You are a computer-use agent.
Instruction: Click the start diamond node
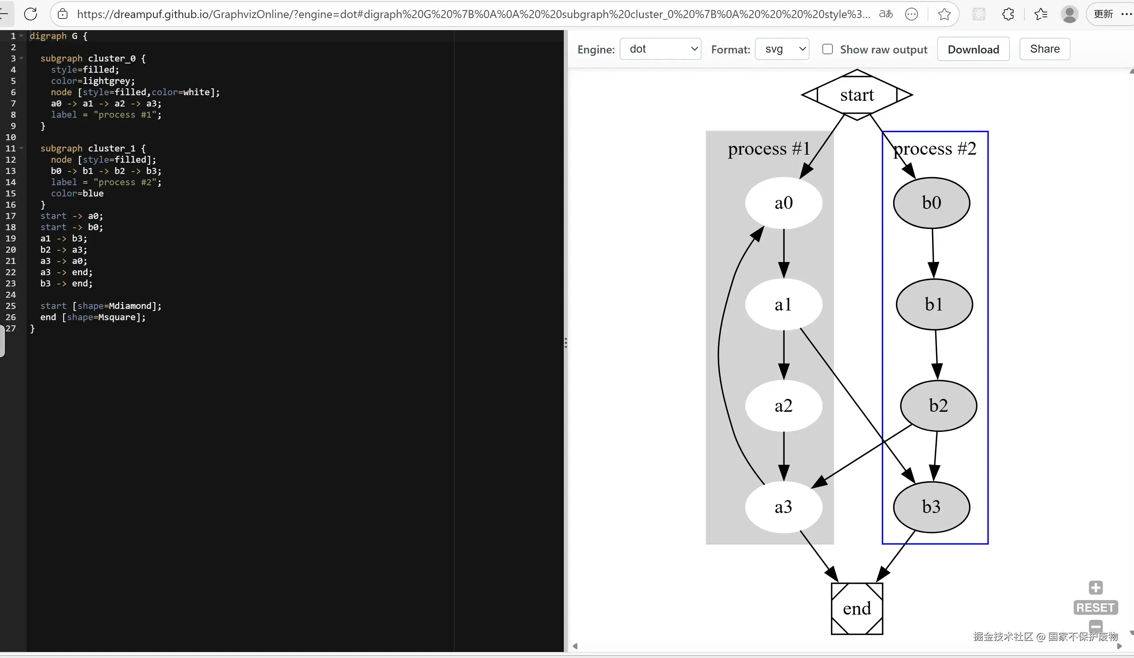coord(857,95)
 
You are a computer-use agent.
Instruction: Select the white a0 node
coord(783,203)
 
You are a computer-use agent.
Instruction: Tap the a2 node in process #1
coord(783,405)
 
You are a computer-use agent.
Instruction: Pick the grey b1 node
coord(934,304)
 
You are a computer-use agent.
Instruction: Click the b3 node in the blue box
coord(931,507)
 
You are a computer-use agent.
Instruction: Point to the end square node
coord(857,609)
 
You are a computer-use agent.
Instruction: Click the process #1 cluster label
coord(769,149)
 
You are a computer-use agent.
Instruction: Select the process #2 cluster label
coord(935,149)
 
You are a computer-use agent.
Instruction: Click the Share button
coord(1044,49)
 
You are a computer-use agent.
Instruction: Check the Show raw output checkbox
coord(828,49)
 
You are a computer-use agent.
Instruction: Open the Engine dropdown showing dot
coord(660,49)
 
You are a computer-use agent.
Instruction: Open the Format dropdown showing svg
coord(782,49)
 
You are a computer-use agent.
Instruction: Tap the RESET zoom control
coord(1095,608)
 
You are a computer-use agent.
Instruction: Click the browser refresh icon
coord(31,14)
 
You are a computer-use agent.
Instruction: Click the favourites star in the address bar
coord(944,14)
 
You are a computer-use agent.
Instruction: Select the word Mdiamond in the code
coord(130,306)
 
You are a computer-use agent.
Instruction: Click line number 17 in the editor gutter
coord(11,216)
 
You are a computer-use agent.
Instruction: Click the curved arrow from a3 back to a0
coord(719,356)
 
